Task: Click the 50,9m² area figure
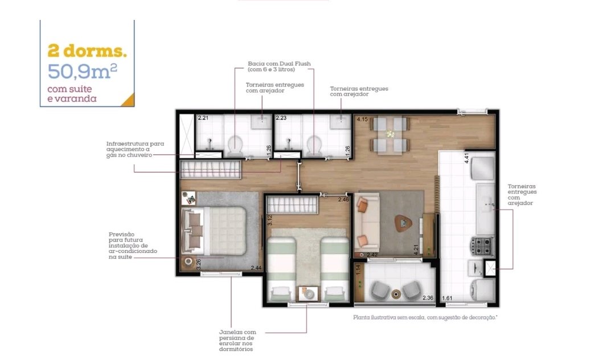click(83, 71)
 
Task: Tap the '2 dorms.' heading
click(87, 51)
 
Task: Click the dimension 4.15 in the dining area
click(362, 119)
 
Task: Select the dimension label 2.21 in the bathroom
click(203, 118)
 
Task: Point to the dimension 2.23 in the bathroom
click(281, 118)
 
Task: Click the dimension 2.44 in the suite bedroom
click(256, 268)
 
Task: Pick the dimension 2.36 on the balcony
click(428, 298)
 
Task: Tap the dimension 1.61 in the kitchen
click(447, 298)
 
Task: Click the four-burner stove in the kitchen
click(482, 246)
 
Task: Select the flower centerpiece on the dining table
click(390, 134)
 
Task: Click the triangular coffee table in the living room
click(403, 223)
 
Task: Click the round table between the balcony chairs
click(396, 293)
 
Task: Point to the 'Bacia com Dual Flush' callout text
click(279, 66)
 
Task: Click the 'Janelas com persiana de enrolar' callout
click(237, 341)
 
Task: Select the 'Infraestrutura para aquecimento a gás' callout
click(135, 149)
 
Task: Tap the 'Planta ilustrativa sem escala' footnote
click(425, 317)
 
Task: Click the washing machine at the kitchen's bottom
click(482, 290)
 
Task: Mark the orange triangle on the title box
click(129, 101)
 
